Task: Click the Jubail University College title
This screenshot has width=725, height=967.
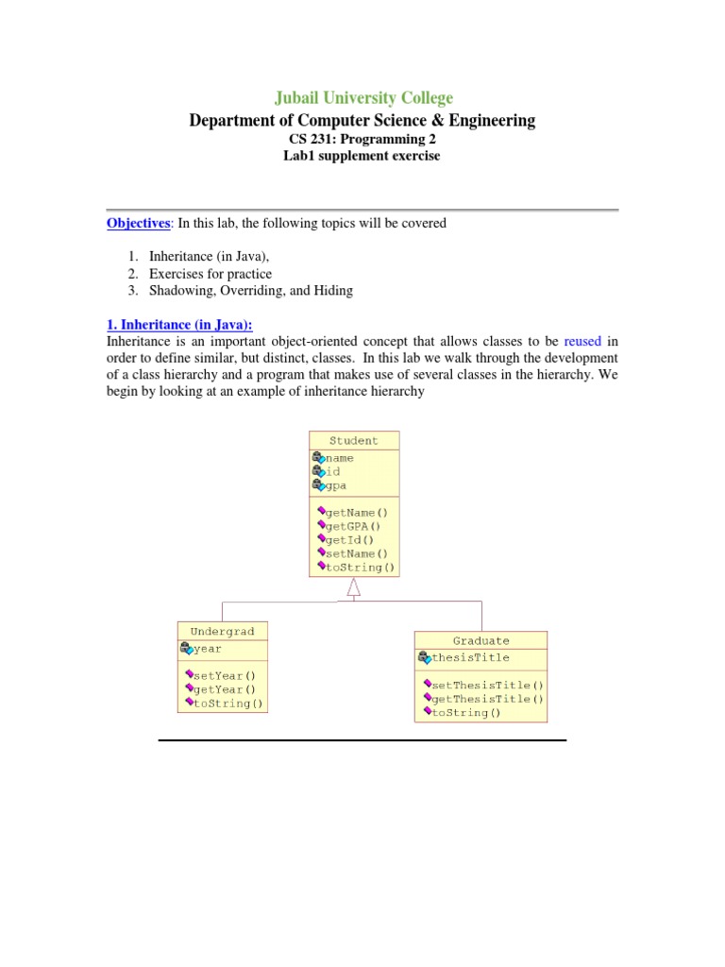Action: [x=362, y=97]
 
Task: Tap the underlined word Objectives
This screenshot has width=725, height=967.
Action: [x=137, y=224]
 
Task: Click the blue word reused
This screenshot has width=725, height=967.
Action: [x=582, y=340]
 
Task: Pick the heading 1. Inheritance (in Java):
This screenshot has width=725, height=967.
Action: [x=179, y=323]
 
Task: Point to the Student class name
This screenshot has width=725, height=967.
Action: [x=354, y=440]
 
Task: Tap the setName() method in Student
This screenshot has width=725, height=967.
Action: [x=356, y=553]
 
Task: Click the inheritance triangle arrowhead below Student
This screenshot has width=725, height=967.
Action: [x=354, y=587]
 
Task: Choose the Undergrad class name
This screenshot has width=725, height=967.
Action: [x=222, y=631]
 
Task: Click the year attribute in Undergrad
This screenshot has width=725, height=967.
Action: [x=207, y=649]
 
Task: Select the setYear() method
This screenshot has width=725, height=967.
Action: [x=225, y=676]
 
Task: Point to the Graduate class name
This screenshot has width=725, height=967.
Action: [x=481, y=640]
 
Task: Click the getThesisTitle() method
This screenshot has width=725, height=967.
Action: [x=487, y=699]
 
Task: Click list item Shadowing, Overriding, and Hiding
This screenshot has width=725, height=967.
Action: [x=251, y=291]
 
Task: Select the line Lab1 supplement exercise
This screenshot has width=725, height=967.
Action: [x=362, y=156]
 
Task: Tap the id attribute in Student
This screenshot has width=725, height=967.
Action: [x=332, y=471]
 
